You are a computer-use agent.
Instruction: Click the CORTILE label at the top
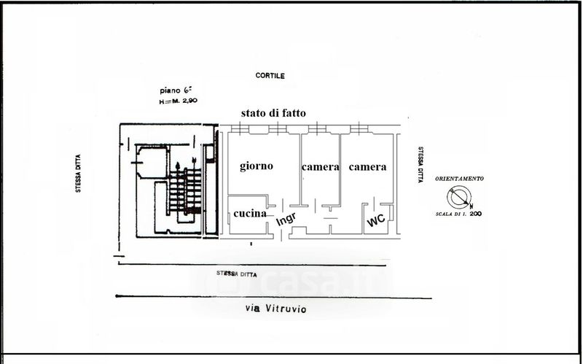[270, 76]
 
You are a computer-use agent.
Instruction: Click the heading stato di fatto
[274, 113]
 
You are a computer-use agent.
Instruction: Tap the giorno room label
[257, 166]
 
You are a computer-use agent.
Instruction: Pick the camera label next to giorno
[321, 167]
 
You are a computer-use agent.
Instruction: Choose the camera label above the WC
[367, 167]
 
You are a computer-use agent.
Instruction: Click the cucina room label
[249, 214]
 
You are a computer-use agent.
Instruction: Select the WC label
[376, 220]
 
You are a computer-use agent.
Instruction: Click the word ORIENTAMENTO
[459, 179]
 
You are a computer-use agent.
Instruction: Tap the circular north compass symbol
[460, 197]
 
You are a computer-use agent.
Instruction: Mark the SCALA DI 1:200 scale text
[459, 214]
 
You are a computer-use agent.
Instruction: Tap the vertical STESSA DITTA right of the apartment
[420, 166]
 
